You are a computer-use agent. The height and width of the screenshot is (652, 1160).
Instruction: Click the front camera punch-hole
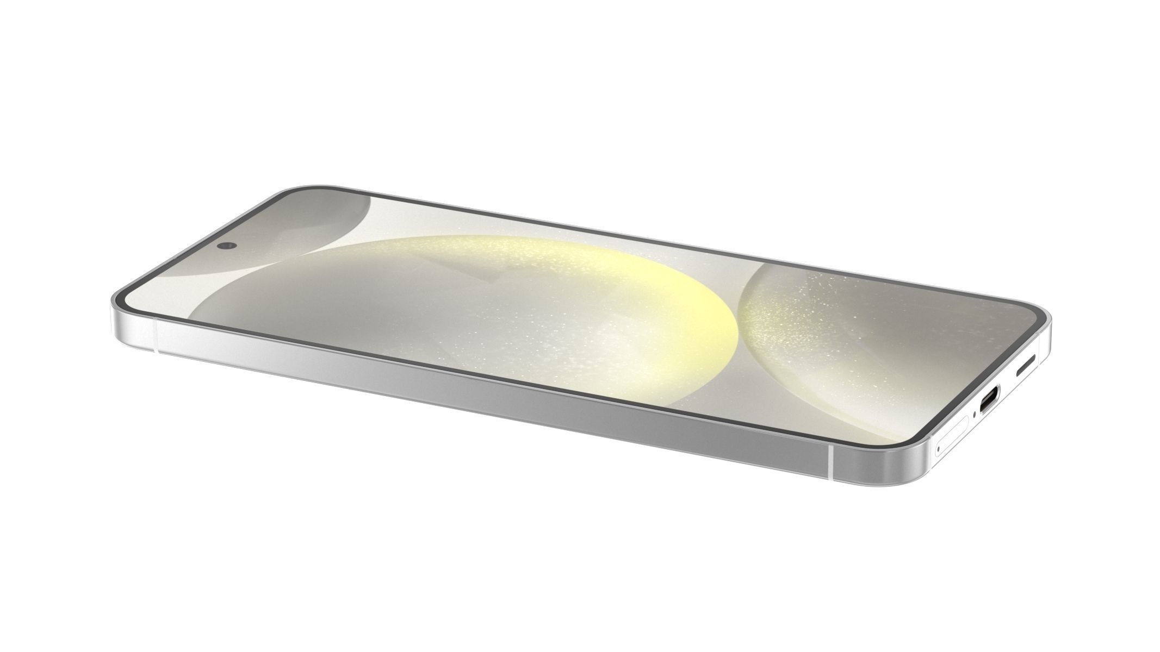coord(225,246)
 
